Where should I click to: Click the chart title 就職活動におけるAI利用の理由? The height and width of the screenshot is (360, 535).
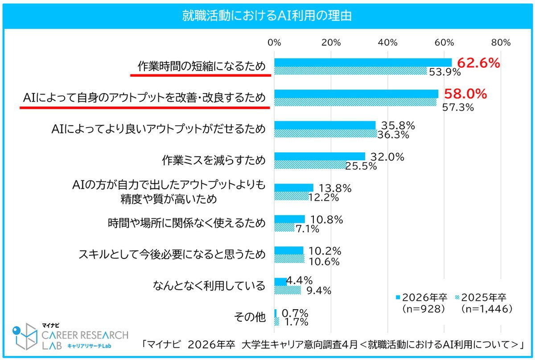coord(267,16)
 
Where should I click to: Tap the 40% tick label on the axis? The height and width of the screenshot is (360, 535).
coord(387,42)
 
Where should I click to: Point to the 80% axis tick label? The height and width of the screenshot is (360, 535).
coord(501,42)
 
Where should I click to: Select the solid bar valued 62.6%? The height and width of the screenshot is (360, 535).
coord(363,62)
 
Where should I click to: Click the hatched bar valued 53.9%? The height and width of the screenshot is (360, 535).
coord(350,71)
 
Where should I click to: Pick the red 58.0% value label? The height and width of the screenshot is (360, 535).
coord(465,94)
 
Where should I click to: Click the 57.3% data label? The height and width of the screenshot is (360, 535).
coord(458,107)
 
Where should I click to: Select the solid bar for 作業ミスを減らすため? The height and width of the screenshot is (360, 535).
coord(320,156)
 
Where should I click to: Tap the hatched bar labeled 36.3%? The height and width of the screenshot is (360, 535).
coord(325,134)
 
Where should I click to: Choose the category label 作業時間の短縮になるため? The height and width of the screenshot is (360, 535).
coord(202,66)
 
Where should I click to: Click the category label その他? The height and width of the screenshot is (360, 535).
coord(250,317)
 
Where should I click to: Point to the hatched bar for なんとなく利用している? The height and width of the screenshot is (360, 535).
coord(288,290)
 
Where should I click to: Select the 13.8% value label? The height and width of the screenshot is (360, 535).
coord(335,188)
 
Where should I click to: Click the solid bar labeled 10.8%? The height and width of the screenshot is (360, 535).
coord(290,219)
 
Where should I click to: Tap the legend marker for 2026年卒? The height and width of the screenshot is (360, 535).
coord(398,297)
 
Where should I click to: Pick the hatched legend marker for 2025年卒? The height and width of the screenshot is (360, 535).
coord(457,297)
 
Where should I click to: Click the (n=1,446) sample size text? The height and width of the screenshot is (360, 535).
coord(486,309)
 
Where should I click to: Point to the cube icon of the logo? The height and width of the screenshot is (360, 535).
coord(25,336)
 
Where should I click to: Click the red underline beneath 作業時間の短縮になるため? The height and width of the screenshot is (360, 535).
coord(201,75)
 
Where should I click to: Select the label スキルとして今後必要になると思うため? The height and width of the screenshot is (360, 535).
coord(172,254)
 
